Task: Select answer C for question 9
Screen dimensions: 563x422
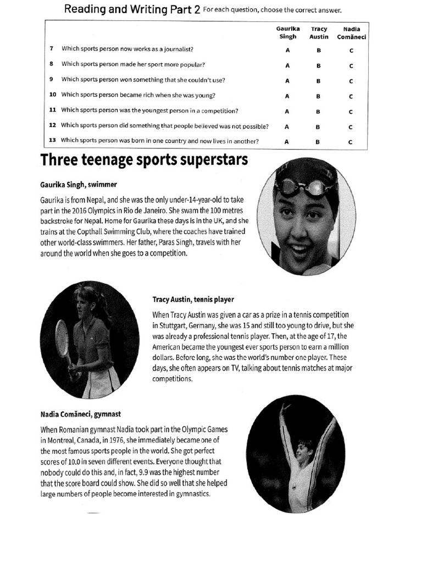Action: point(351,80)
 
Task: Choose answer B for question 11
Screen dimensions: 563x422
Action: point(318,111)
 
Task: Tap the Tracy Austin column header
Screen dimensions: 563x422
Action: point(319,32)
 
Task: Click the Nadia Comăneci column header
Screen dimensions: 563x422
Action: point(351,32)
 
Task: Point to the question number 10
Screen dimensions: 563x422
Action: point(53,95)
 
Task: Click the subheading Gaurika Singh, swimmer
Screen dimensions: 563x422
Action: point(79,184)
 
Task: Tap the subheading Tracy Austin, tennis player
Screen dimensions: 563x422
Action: point(193,300)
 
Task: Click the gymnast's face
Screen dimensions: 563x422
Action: point(302,451)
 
